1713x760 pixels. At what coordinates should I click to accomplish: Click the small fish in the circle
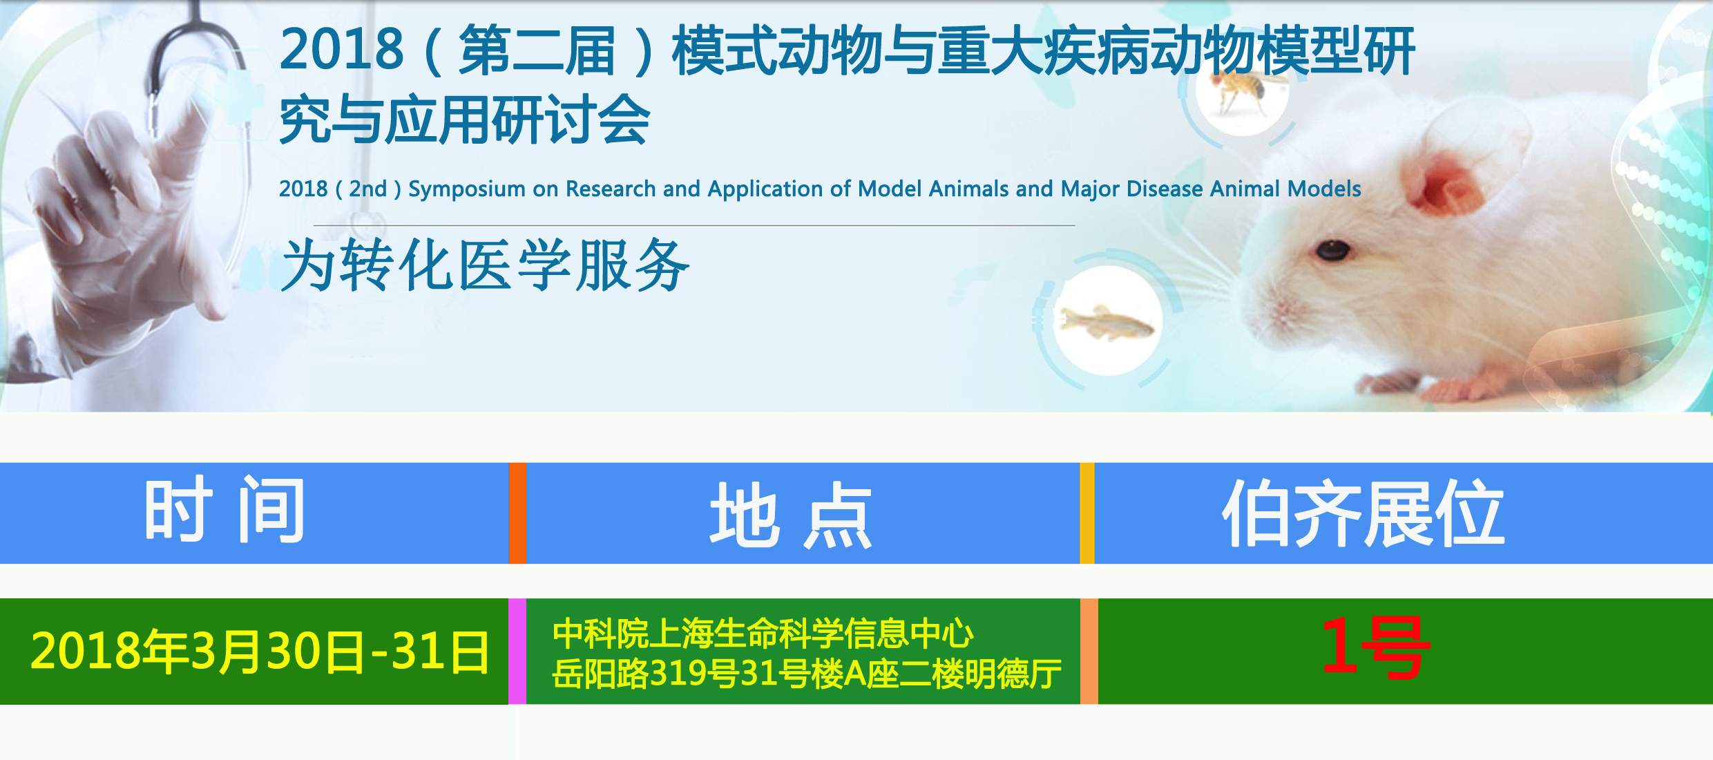tap(1107, 323)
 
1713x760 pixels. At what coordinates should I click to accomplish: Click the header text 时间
tap(224, 510)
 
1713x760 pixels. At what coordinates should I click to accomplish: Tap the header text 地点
tap(791, 515)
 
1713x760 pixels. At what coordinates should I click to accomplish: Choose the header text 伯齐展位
tap(1363, 513)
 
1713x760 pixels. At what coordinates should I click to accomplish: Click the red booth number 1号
tap(1375, 648)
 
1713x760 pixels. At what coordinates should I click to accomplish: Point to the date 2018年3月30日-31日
tap(260, 651)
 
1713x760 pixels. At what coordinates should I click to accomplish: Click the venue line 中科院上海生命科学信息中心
tap(763, 633)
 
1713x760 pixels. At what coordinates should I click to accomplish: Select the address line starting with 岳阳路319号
tap(807, 674)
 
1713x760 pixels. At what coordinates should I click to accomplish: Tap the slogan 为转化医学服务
tap(485, 265)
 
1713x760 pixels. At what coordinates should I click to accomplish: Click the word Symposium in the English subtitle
tap(467, 189)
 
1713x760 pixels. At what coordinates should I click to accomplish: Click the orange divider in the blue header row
tap(517, 513)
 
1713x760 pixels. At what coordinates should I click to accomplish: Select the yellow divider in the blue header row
tap(1087, 513)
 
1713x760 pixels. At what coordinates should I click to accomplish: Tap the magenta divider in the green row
tap(517, 652)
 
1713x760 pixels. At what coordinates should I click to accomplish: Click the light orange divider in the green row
tap(1089, 652)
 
